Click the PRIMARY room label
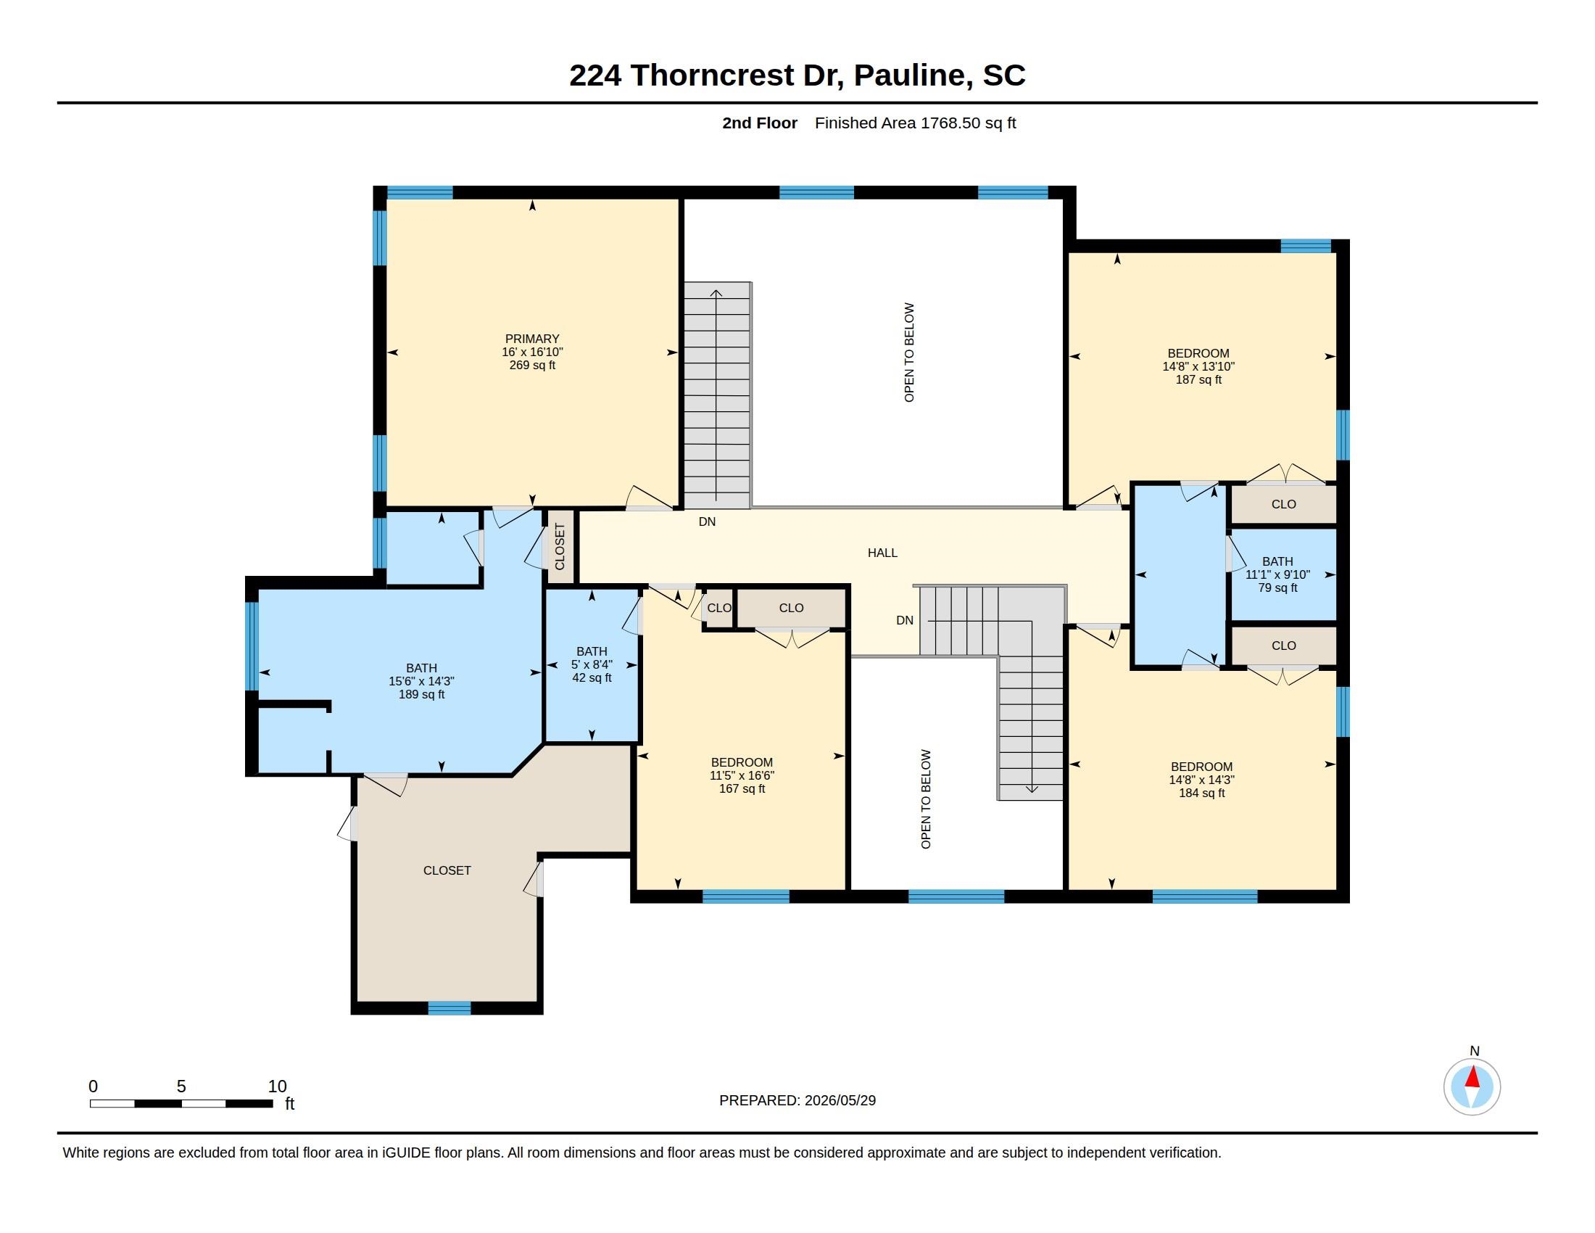[531, 339]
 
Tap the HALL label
[882, 553]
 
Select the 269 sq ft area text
[531, 366]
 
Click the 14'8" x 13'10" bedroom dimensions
[1198, 367]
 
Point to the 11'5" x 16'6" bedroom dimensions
[741, 776]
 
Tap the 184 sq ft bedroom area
[1201, 793]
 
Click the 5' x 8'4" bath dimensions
[592, 664]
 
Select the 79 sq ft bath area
[1277, 588]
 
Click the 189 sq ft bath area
[421, 695]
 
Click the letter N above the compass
[1475, 1051]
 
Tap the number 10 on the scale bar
[277, 1086]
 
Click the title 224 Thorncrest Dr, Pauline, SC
[797, 75]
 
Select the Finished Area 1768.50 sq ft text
[915, 123]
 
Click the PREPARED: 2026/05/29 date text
[797, 1100]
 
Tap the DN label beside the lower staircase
[905, 620]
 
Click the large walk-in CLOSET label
[447, 870]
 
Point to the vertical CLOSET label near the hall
[560, 546]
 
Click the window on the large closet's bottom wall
[449, 1008]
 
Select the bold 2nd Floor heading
[760, 123]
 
